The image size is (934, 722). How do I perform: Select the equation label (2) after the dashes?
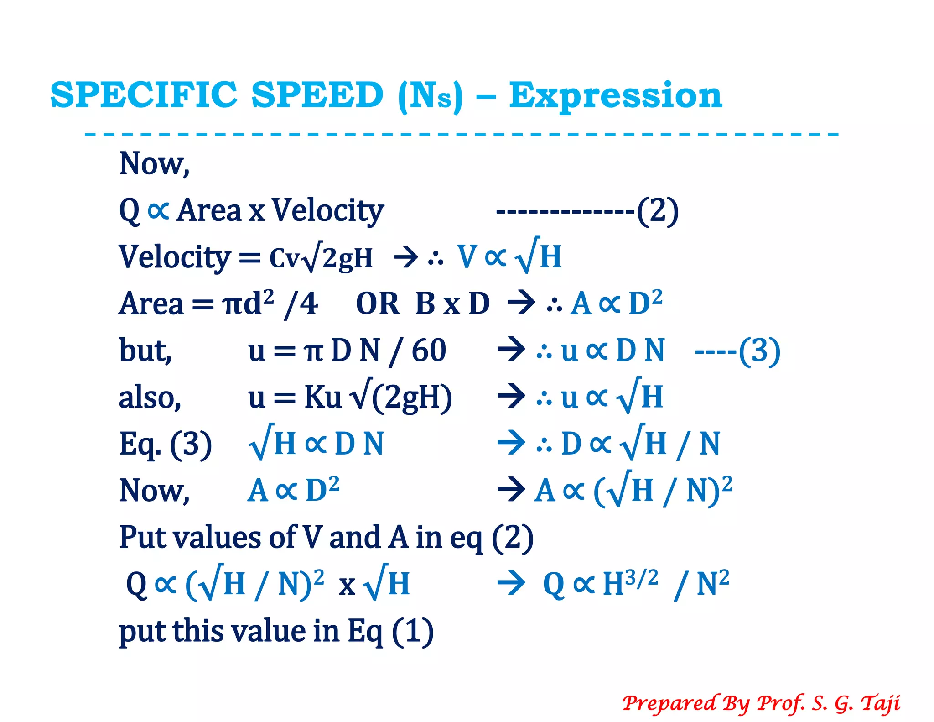[658, 211]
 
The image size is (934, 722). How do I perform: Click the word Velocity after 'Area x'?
[328, 211]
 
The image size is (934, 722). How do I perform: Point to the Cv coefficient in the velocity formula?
[284, 258]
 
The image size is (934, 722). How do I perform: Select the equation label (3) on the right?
[759, 351]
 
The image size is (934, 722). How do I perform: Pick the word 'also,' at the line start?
[150, 398]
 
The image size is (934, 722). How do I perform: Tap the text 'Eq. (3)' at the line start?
[165, 444]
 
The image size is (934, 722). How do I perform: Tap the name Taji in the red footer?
[880, 703]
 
